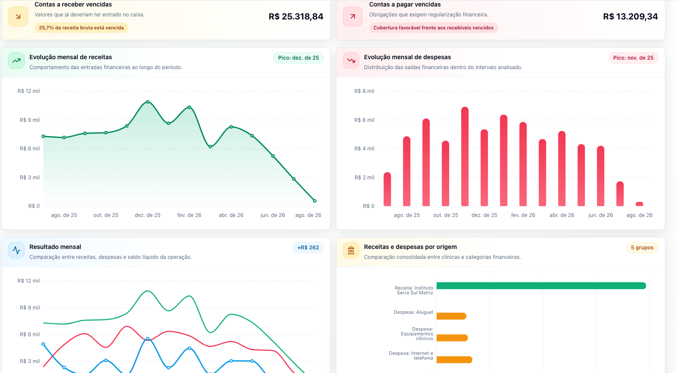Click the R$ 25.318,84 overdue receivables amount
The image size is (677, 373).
(296, 16)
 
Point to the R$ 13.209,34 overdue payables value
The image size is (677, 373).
(630, 16)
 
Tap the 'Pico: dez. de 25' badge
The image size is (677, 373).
(298, 58)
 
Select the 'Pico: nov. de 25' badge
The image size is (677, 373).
(633, 58)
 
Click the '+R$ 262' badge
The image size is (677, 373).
(308, 248)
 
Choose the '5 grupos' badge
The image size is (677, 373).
(642, 248)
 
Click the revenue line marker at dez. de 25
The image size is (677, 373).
(147, 102)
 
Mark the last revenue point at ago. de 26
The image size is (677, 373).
(315, 201)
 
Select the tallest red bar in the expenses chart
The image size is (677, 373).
(465, 156)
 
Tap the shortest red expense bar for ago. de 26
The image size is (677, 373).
(639, 204)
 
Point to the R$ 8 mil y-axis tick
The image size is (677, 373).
(364, 91)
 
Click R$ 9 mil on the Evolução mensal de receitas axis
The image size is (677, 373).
(30, 120)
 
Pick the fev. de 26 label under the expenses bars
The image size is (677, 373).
(523, 215)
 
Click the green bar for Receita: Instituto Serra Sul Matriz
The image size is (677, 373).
(541, 286)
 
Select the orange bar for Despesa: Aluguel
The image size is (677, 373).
(451, 316)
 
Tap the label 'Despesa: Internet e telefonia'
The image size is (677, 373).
(411, 356)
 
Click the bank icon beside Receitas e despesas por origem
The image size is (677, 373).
(351, 250)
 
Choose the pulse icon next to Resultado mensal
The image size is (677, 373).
(16, 250)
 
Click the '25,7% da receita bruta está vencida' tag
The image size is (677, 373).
(81, 28)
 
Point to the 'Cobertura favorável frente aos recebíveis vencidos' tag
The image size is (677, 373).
(434, 28)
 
